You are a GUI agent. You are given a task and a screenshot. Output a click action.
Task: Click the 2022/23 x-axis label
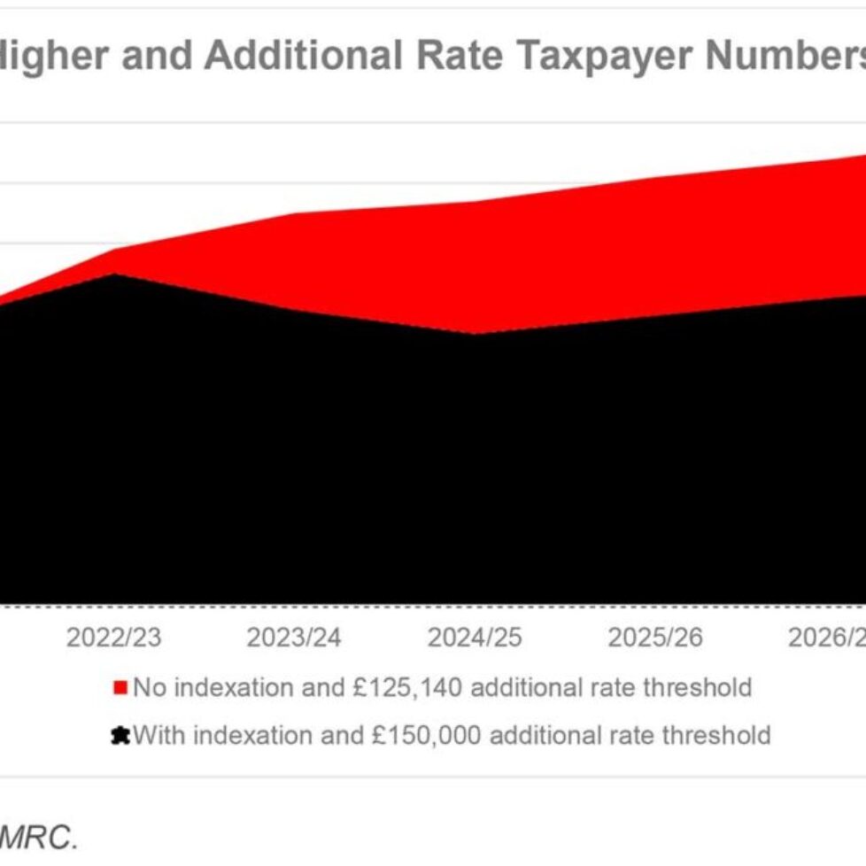tap(113, 638)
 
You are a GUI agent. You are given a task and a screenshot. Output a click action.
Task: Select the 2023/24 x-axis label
tap(293, 638)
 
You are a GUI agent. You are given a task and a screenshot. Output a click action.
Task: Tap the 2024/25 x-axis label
tap(475, 638)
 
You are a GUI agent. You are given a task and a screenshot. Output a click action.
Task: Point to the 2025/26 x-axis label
tap(654, 638)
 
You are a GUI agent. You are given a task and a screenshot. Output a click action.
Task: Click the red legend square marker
tap(120, 688)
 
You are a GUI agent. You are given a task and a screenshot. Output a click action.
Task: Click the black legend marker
tap(120, 736)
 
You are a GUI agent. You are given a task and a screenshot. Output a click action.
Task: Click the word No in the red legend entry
tap(148, 687)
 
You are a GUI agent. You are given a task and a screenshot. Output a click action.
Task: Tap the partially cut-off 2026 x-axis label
tap(827, 638)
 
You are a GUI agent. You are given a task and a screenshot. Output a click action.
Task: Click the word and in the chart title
tap(155, 57)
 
